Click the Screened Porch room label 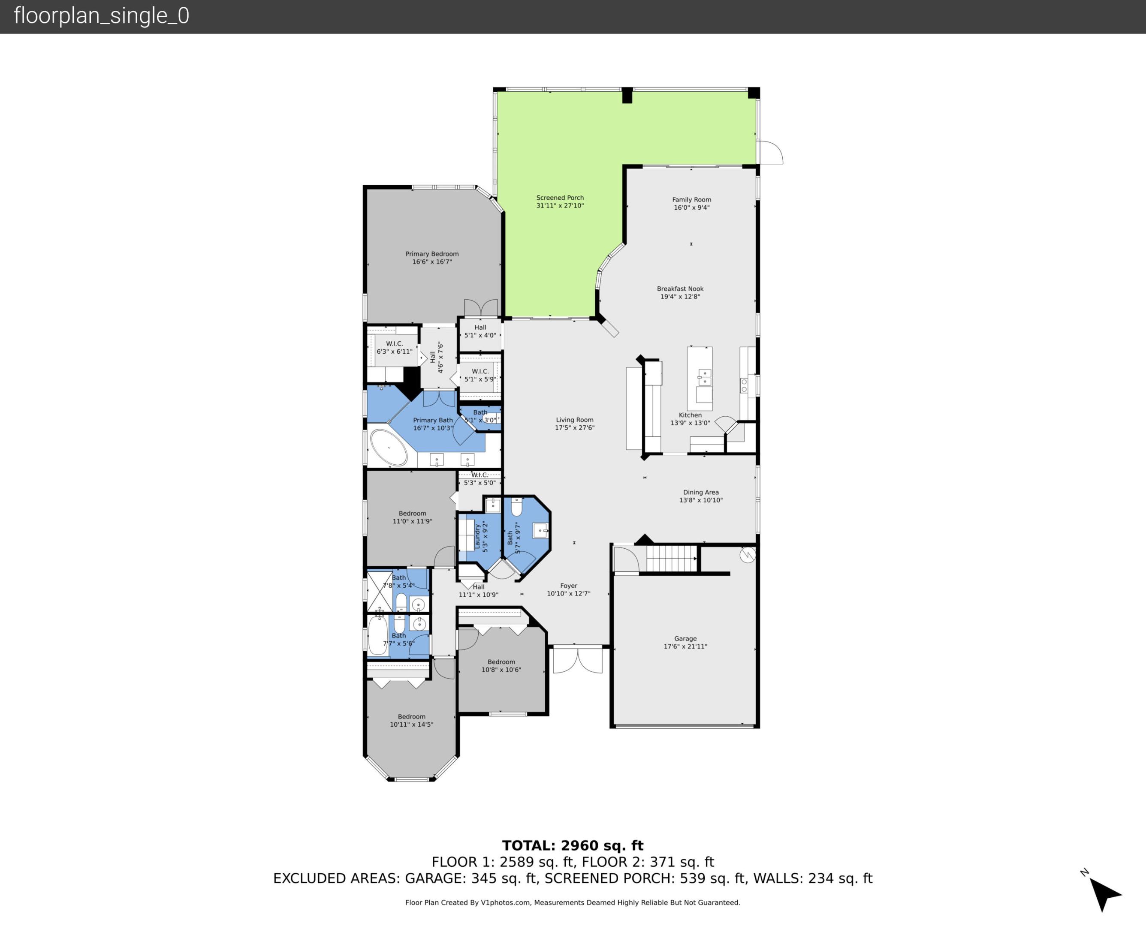[560, 198]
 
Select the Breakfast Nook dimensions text [680, 297]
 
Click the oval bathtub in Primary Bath [389, 448]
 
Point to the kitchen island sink [704, 377]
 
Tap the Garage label [685, 638]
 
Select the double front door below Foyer [577, 659]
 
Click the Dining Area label [700, 492]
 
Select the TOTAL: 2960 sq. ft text [573, 845]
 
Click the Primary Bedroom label [431, 254]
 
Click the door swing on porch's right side [770, 153]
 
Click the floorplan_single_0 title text [101, 16]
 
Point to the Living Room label [574, 420]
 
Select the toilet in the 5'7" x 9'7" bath [516, 507]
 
